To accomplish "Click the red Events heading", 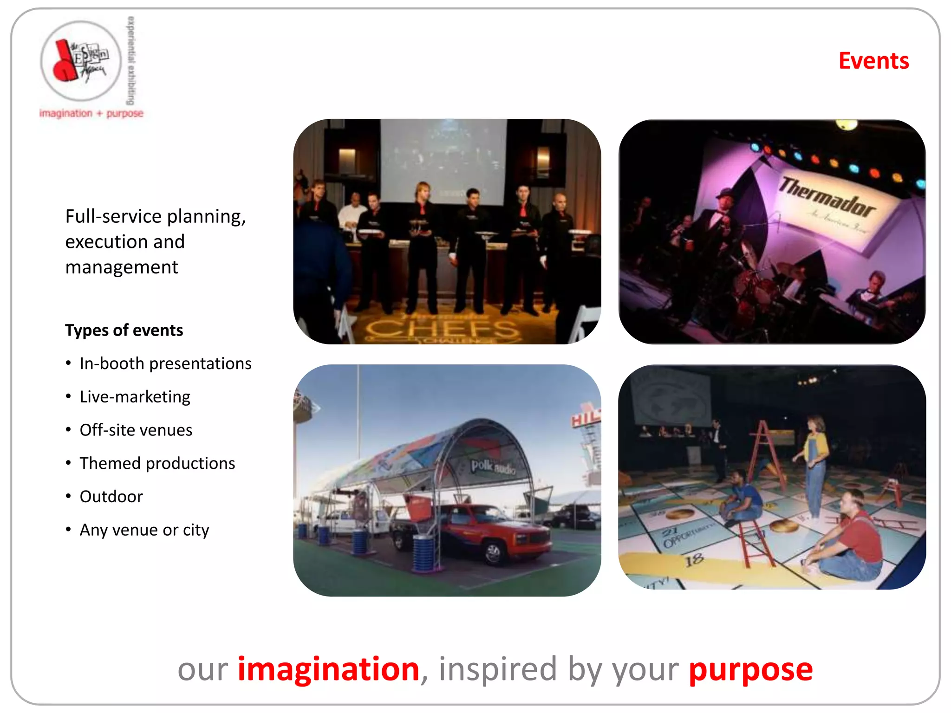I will pos(873,61).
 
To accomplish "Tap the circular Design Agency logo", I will pos(81,60).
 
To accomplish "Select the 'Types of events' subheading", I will pos(124,330).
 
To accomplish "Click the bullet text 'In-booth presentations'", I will pos(165,363).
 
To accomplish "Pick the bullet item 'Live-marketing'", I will pos(135,397).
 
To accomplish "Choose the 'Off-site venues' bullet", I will pos(136,430).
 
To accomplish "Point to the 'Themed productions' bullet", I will pos(157,463).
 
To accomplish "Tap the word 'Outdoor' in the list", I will pos(111,497).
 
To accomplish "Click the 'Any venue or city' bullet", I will pos(144,530).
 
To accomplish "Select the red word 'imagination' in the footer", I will pos(328,669).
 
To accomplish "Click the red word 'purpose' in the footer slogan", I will pos(750,669).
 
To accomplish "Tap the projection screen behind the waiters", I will pos(443,158).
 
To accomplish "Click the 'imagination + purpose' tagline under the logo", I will pos(91,113).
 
